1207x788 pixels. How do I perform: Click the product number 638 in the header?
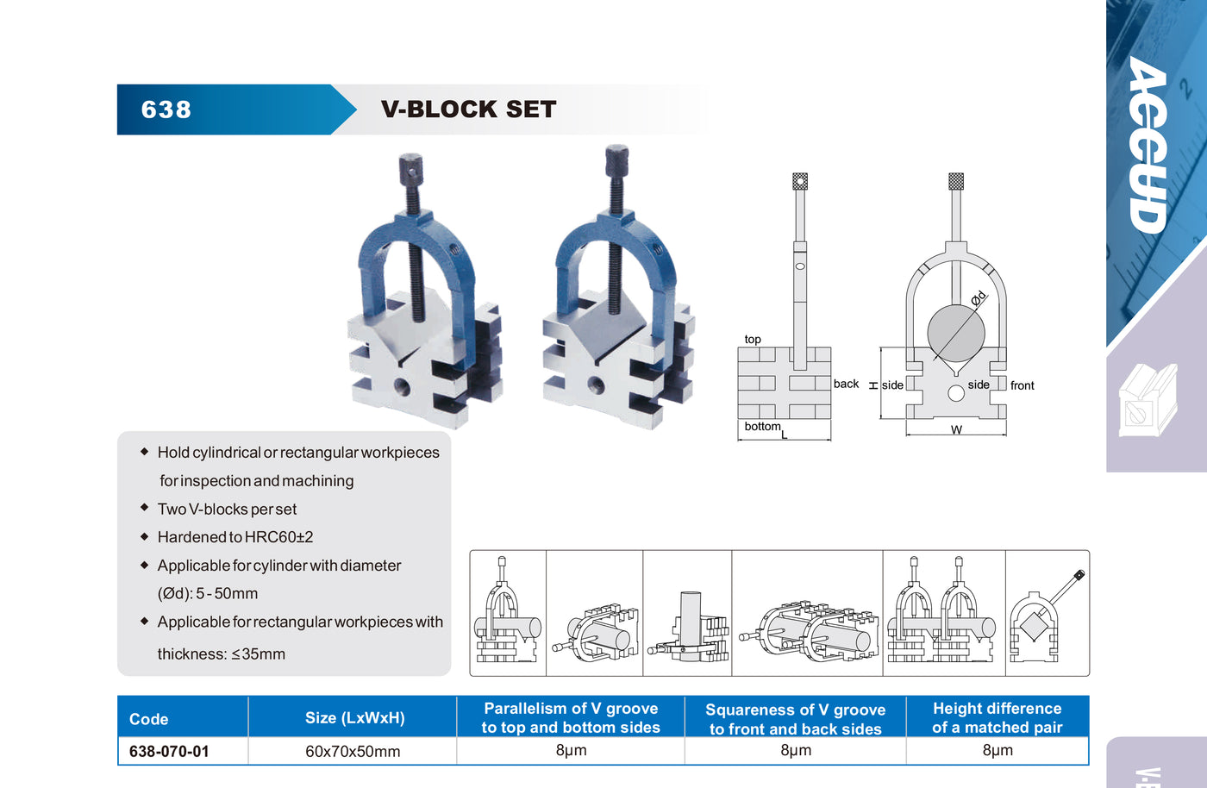tap(166, 109)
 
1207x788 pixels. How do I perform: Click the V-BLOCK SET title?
tap(468, 109)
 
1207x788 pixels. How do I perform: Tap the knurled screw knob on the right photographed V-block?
tap(616, 159)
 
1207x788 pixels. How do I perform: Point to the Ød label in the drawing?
tap(978, 299)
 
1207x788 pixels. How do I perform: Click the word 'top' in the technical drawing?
tap(753, 340)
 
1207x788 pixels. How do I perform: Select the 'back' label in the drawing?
tap(846, 384)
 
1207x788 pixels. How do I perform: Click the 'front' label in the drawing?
tap(1022, 385)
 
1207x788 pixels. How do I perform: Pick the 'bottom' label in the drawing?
tap(762, 426)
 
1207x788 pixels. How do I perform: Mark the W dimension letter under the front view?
tap(956, 429)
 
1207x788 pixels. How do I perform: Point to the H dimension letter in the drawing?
tap(873, 385)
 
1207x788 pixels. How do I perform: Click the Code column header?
tap(148, 719)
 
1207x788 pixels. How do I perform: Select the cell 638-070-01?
tap(169, 752)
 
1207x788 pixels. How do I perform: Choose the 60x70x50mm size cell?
tap(353, 752)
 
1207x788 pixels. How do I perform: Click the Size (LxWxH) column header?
tap(354, 718)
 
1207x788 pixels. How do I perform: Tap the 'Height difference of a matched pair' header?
tap(997, 718)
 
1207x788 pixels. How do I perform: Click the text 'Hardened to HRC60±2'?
tap(235, 537)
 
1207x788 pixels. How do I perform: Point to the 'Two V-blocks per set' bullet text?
tap(227, 510)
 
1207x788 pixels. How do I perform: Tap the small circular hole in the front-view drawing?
tap(955, 393)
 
